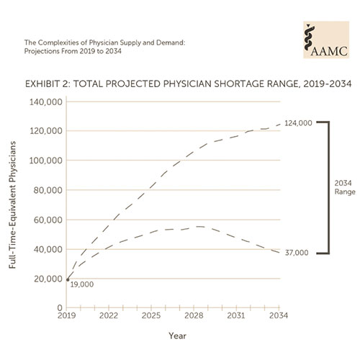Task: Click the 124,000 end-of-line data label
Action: point(297,124)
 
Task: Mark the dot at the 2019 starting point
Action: point(68,279)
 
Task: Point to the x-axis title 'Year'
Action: point(176,336)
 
